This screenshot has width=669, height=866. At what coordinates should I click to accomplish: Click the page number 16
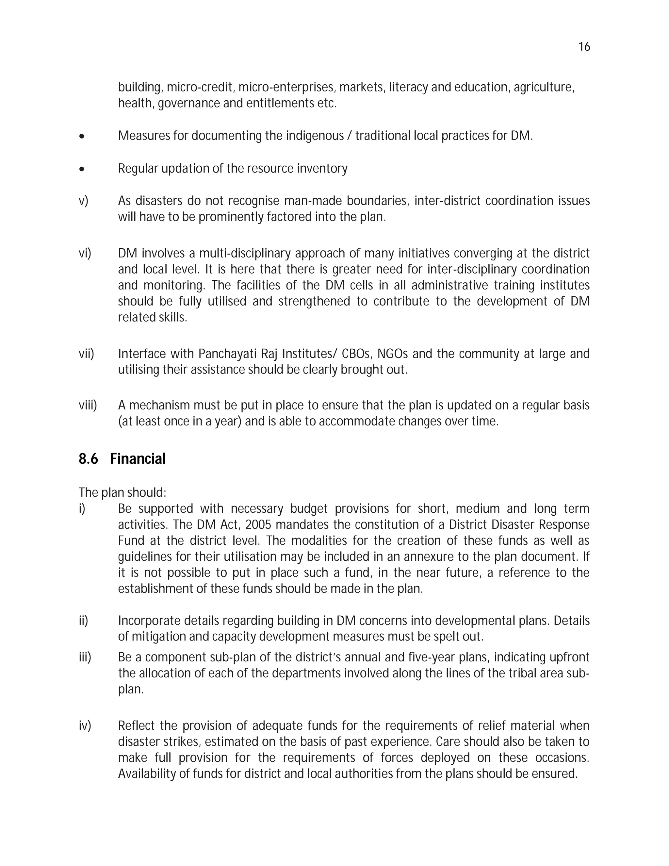point(584,47)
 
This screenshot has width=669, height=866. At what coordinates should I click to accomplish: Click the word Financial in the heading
point(138,459)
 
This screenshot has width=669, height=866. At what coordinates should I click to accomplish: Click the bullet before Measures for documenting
point(82,136)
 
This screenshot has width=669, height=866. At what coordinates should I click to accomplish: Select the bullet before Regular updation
point(82,169)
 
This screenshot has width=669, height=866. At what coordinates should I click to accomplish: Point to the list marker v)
point(83,201)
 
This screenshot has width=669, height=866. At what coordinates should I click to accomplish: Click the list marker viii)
point(88,405)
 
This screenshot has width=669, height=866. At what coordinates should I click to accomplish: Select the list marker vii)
point(86,354)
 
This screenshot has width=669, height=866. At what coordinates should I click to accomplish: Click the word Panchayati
point(226,354)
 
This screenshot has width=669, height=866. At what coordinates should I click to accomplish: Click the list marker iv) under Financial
point(85,725)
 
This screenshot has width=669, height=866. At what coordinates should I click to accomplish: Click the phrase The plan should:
point(122,492)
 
